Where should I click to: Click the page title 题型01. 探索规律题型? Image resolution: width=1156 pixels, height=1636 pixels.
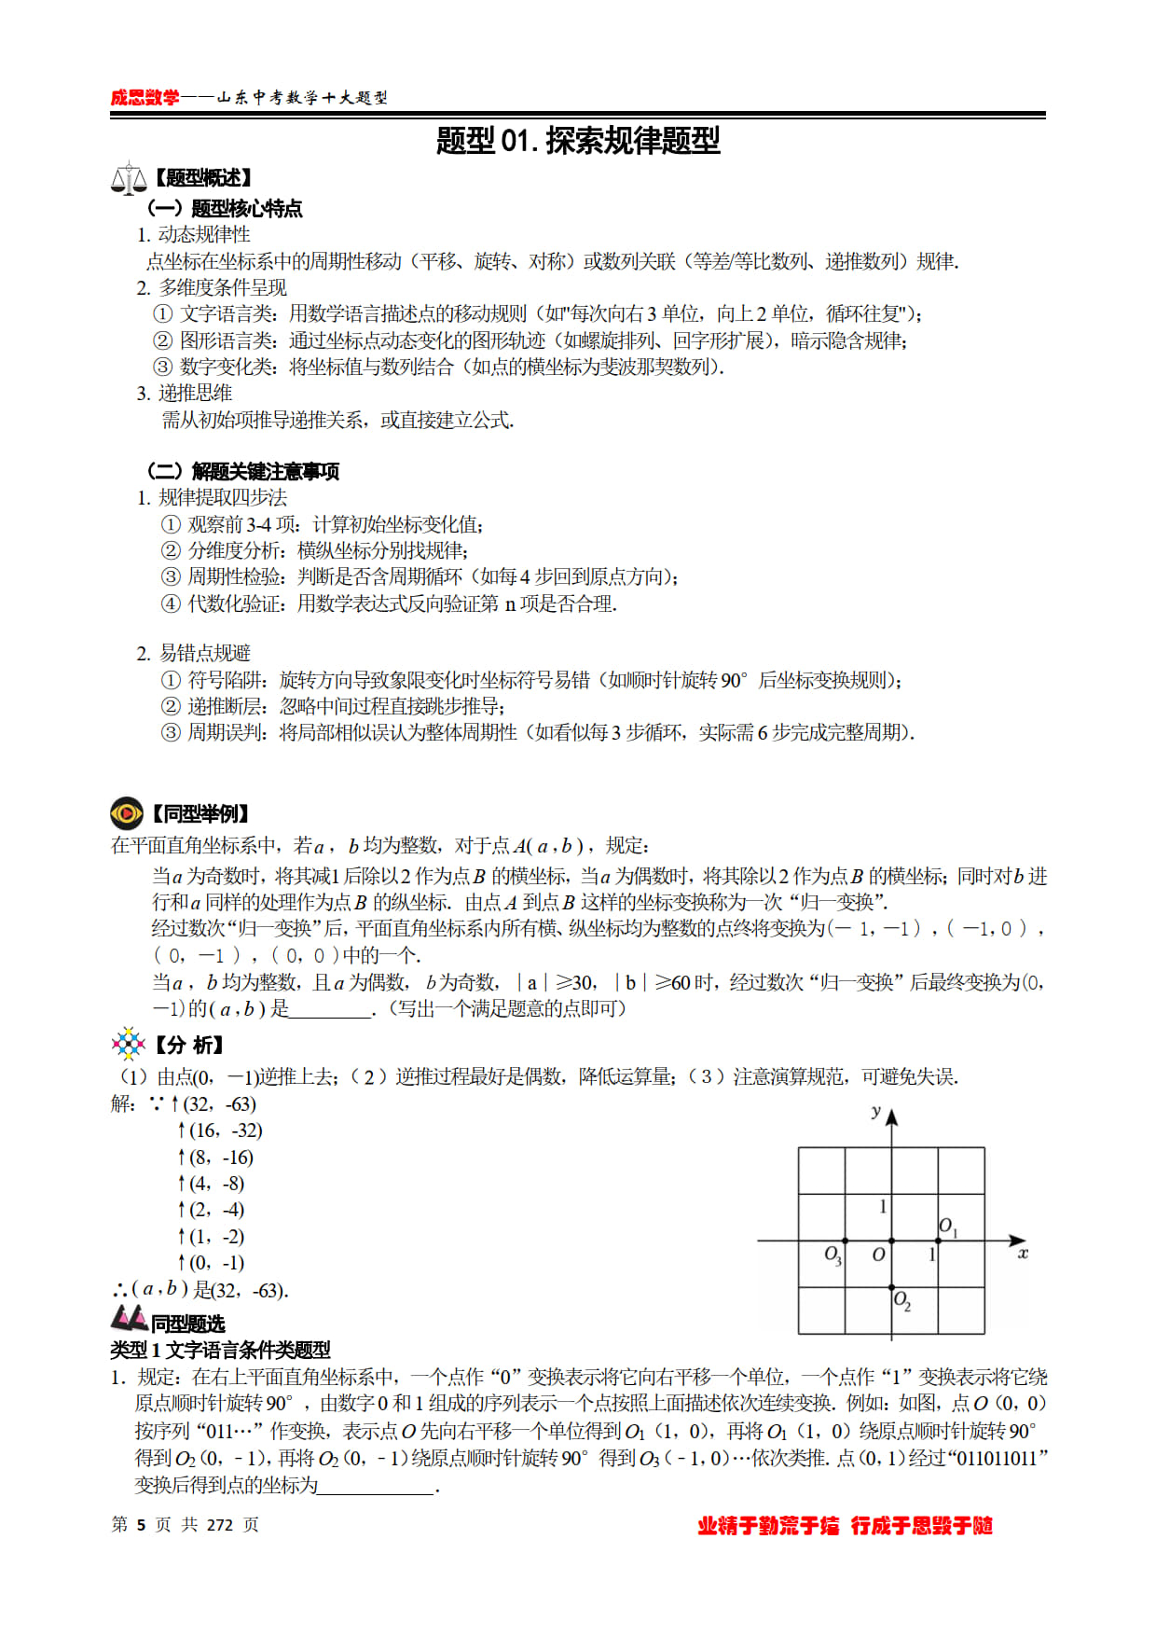coord(578,141)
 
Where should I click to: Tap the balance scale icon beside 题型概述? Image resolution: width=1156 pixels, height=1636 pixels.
coord(128,178)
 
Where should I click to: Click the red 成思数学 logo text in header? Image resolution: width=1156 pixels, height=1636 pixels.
coord(144,98)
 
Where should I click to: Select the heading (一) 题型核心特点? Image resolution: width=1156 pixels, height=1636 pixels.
coord(225,208)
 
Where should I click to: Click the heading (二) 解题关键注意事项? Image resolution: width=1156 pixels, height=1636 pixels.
coord(242,471)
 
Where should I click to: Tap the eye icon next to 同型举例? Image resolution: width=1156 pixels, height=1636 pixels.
coord(127,813)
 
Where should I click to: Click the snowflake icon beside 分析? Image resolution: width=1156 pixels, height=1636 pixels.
coord(128,1044)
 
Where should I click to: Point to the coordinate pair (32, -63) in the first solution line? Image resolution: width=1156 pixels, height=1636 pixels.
coord(220,1104)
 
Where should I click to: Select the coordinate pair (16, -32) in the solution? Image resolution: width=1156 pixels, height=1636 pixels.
coord(226,1130)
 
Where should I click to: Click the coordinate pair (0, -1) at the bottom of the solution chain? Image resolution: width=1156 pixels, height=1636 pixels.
coord(216,1263)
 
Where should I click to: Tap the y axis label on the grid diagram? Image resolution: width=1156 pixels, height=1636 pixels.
coord(875,1111)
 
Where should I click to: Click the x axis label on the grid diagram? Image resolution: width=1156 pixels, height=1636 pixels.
coord(1023,1254)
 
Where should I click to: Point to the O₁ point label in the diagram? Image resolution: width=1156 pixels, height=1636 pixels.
coord(947,1227)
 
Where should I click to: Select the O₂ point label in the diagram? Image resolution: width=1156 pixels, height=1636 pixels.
coord(901,1300)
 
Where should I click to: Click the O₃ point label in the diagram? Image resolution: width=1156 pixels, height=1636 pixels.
coord(833,1255)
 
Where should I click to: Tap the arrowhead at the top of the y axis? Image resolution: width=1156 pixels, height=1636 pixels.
coord(892,1116)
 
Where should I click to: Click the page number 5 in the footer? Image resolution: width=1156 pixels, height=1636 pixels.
coord(141,1525)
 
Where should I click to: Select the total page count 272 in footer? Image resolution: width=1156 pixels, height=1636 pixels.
coord(219,1525)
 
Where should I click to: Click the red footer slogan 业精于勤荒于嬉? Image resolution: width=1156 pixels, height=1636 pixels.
coord(768,1526)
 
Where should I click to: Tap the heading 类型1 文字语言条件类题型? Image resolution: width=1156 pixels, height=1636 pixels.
coord(220,1350)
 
